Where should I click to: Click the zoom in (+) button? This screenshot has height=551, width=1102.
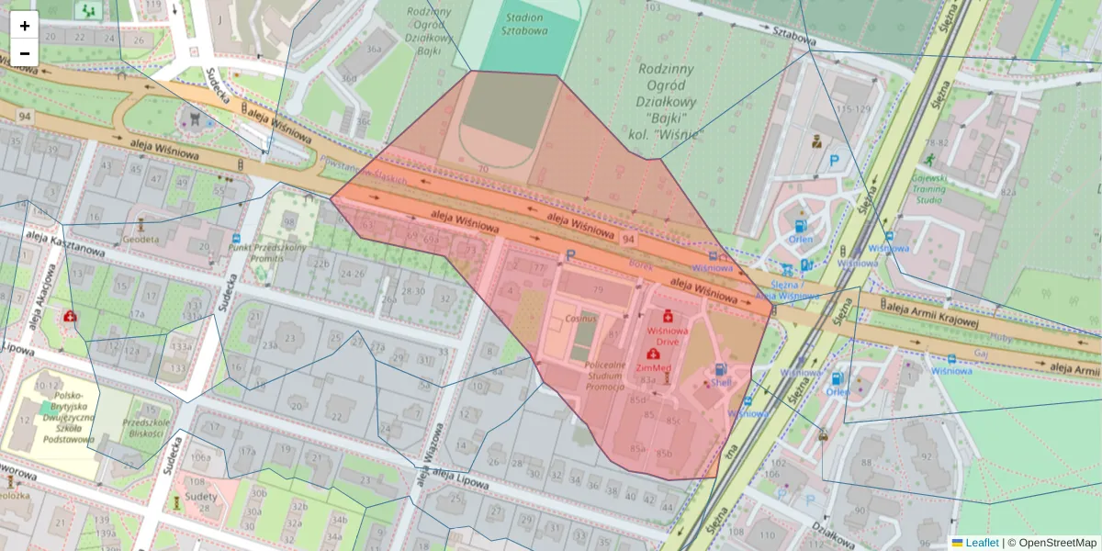25,26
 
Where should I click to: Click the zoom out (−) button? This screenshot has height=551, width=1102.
25,53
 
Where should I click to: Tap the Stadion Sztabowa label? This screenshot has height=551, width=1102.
524,23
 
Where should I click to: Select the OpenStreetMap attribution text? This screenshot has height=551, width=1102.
1055,543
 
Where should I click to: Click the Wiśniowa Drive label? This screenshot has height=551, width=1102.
668,333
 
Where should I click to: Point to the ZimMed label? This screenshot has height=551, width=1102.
654,366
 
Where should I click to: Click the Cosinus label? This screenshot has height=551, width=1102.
580,318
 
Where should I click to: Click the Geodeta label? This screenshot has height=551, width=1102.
141,239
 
